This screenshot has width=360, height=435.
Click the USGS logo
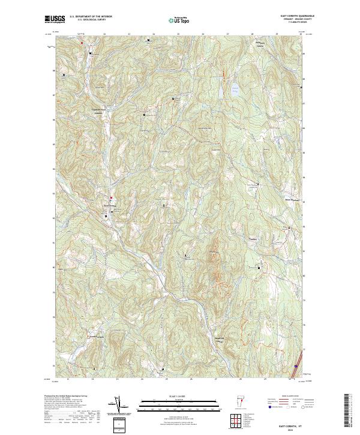click(55, 19)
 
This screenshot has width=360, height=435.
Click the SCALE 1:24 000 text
click(179, 395)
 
